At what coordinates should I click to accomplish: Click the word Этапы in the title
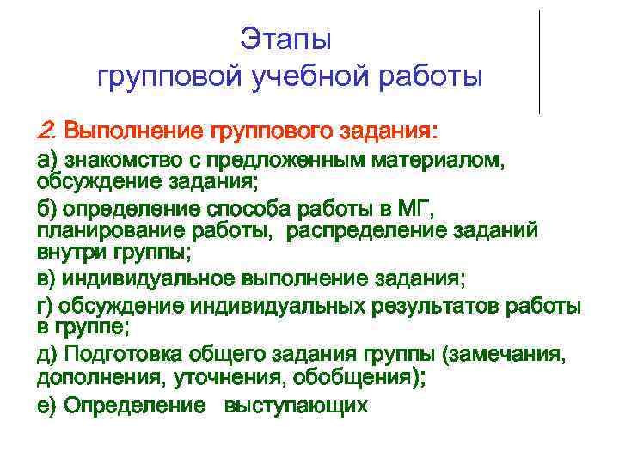(285, 40)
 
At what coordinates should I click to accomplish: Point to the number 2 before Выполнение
(45, 132)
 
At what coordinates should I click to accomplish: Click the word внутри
(71, 254)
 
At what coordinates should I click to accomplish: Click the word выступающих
(296, 406)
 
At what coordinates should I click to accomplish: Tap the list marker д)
(47, 354)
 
